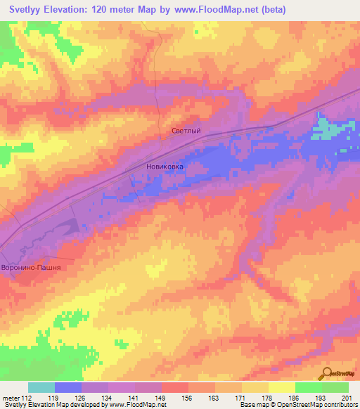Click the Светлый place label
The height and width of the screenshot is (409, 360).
click(x=186, y=131)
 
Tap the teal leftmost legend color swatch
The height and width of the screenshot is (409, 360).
click(x=41, y=387)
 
